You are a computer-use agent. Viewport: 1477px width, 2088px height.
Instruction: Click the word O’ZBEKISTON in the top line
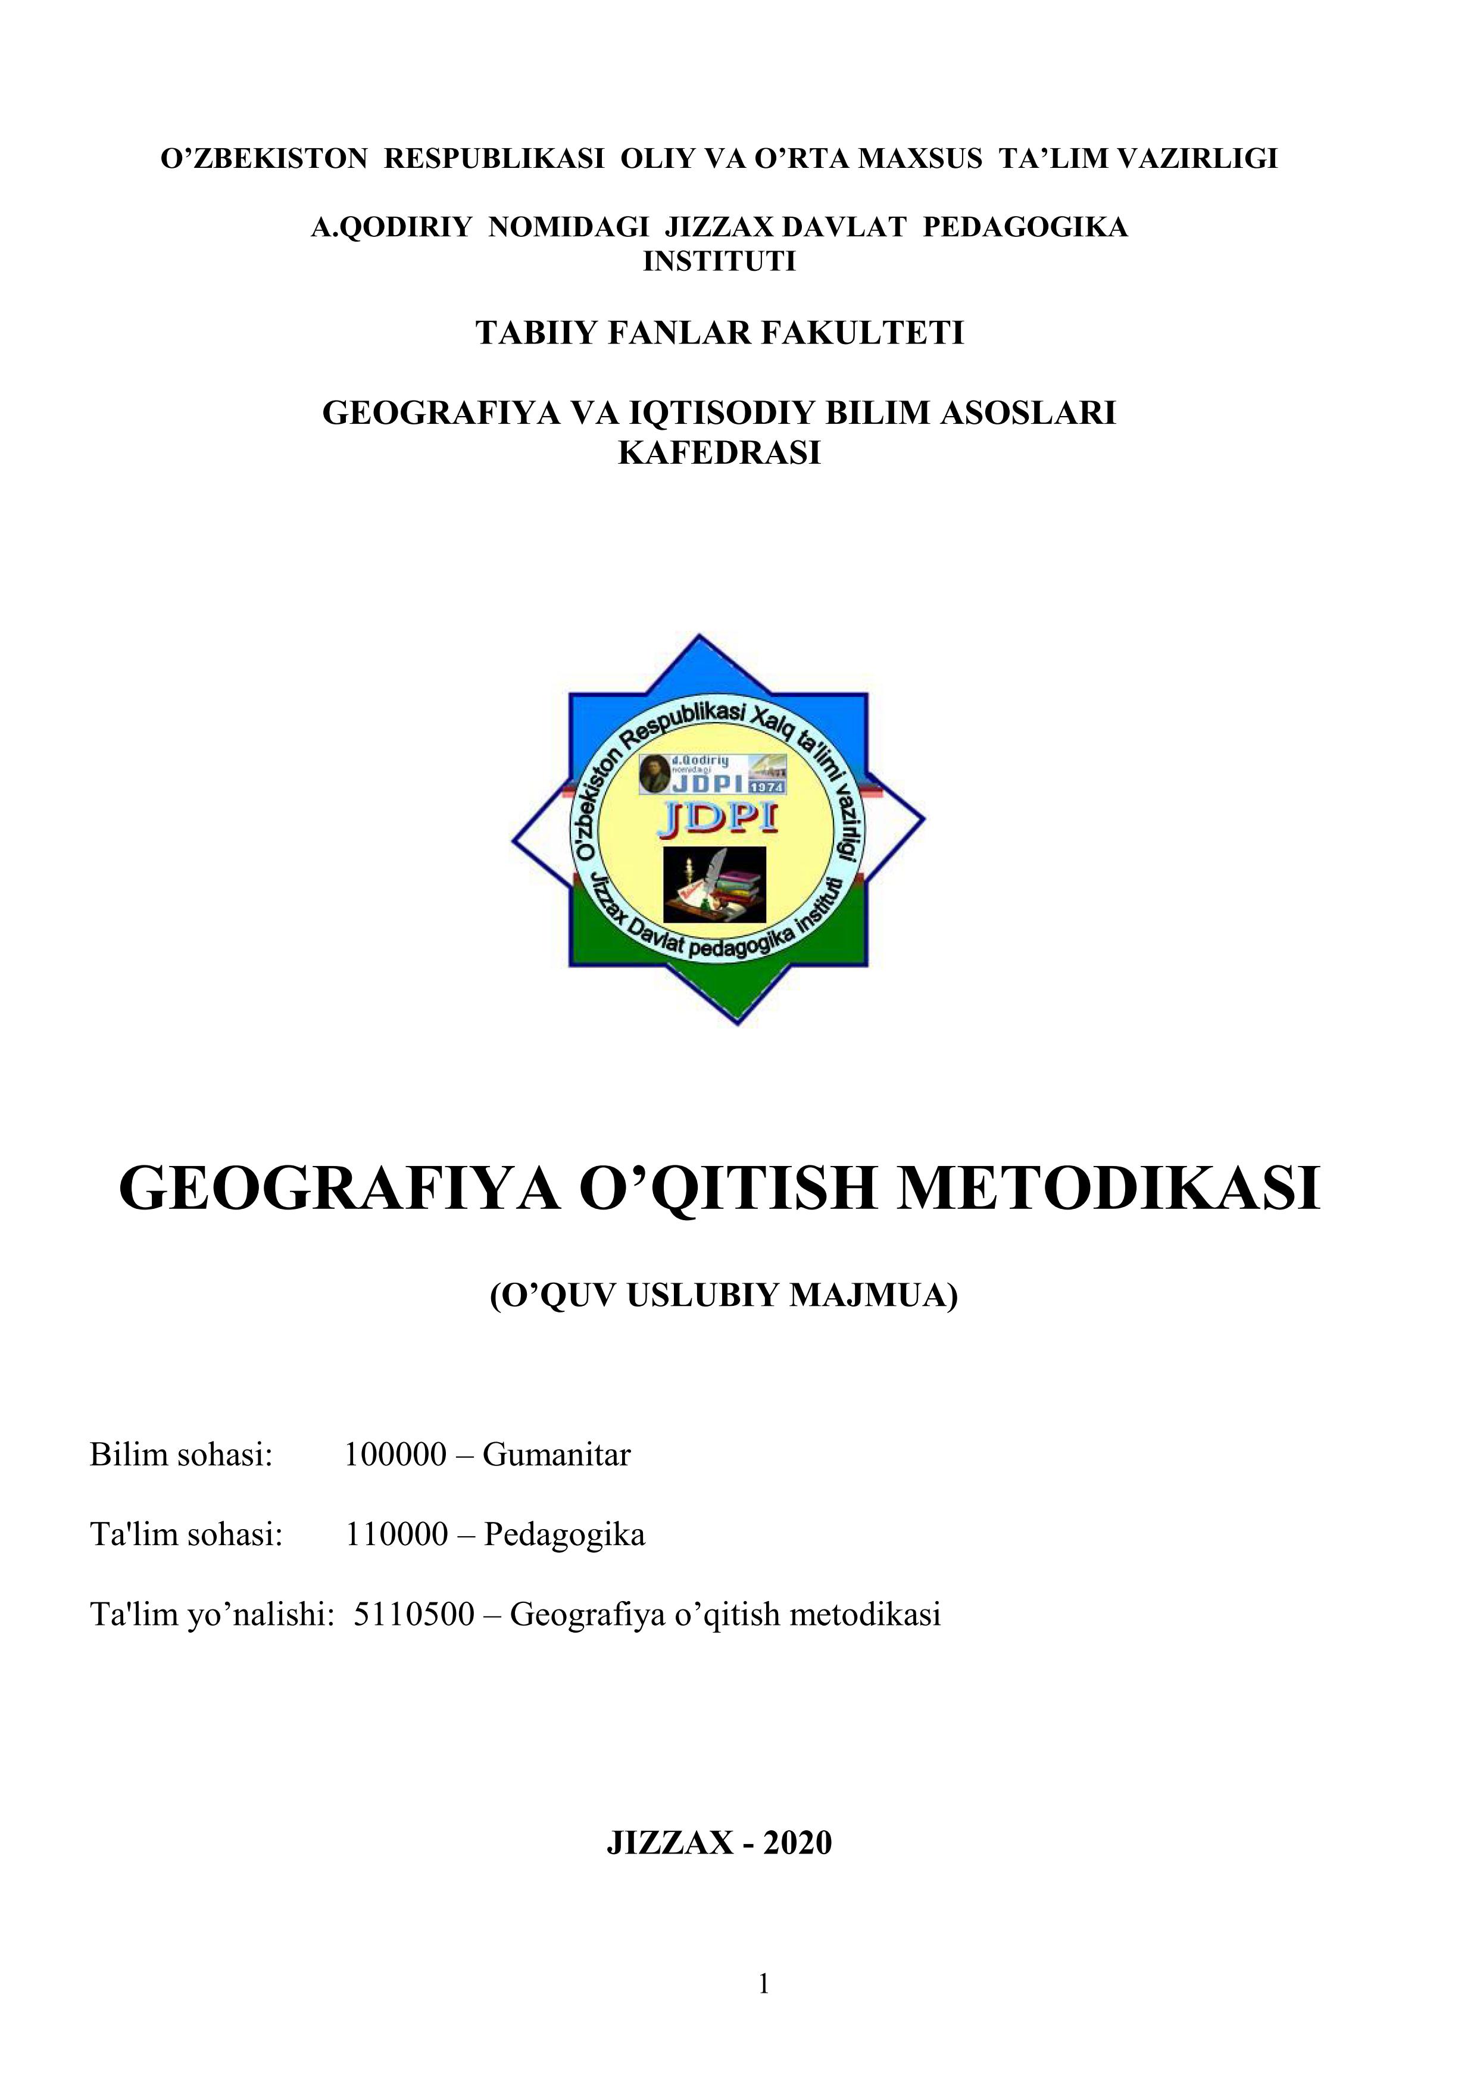[x=263, y=159]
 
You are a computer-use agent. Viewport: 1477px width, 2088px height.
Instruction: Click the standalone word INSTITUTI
[x=719, y=262]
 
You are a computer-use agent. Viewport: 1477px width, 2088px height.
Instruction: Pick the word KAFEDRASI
[x=719, y=453]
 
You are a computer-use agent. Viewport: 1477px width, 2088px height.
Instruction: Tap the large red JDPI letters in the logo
[x=719, y=820]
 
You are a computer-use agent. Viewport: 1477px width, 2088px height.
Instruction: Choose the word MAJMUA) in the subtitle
[x=873, y=1295]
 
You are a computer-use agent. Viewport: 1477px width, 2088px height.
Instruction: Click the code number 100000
[x=396, y=1455]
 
